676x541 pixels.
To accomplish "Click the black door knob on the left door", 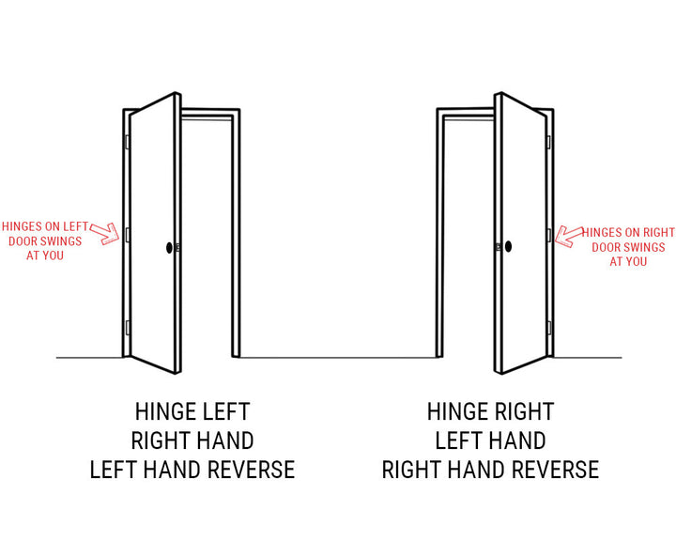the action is (169, 247).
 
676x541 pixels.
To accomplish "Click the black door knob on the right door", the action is (508, 246).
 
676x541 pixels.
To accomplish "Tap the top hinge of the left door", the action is (127, 142).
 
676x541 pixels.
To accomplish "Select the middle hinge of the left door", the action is (127, 235).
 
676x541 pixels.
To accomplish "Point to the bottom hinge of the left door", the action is (127, 328).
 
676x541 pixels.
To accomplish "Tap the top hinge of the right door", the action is (549, 142).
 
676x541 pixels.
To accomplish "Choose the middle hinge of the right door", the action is (549, 236).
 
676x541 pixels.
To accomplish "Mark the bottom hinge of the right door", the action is (549, 328).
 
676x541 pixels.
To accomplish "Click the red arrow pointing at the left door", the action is (105, 233).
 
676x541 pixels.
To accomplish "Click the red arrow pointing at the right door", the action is (569, 236).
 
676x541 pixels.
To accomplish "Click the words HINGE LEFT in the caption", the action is (192, 411).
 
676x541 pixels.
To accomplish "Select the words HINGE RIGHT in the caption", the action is (490, 411).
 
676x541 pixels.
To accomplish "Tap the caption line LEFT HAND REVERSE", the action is (192, 470).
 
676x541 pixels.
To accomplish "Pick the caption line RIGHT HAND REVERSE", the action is (490, 470).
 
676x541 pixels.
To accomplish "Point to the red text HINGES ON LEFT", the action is (45, 226).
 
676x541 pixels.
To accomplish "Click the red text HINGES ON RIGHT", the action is (628, 233).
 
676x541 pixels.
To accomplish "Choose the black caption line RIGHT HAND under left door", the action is (192, 441).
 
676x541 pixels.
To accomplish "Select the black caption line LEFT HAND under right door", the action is (490, 441).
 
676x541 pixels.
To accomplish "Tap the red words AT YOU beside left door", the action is (45, 255).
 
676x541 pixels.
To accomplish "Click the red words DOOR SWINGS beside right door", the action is (628, 247).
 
